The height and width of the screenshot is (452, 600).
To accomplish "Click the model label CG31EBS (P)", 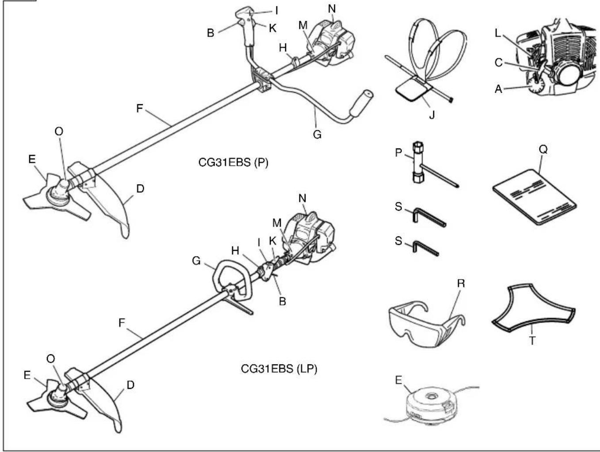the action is (x=233, y=163).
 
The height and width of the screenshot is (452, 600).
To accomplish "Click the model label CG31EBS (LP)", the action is (x=279, y=368).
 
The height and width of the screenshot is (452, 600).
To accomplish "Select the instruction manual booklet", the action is (x=535, y=197).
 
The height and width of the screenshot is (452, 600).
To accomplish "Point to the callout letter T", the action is (x=532, y=341).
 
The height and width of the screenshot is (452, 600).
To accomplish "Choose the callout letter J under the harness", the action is (x=432, y=115).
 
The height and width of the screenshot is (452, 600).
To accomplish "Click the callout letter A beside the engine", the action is (x=499, y=89).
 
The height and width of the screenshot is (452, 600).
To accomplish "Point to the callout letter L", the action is (x=498, y=33).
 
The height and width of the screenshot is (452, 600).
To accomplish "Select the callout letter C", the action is (x=499, y=63).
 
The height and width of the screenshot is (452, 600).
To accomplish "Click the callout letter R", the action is (x=461, y=283).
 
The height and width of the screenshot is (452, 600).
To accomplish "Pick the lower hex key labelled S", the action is (x=425, y=248).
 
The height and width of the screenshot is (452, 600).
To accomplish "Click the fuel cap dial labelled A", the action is (x=537, y=87).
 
